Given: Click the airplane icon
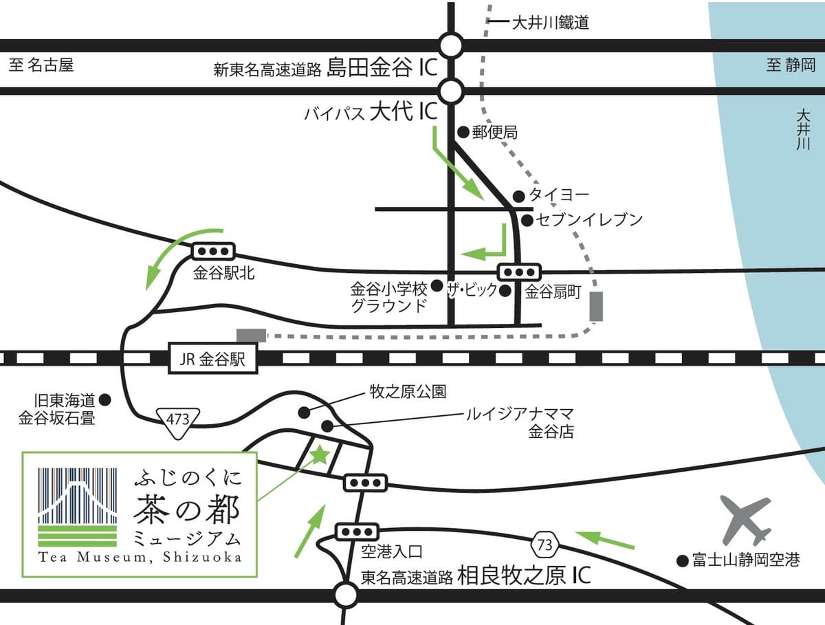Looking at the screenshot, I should (x=745, y=520).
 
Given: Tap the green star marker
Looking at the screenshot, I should (x=320, y=454).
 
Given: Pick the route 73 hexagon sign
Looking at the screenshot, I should (x=544, y=545).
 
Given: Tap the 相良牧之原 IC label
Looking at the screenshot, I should (x=524, y=575).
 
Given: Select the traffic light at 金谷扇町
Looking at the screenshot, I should (x=519, y=271).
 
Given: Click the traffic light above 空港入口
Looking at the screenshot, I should (x=357, y=531).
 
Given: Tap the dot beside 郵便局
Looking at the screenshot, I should (x=463, y=131).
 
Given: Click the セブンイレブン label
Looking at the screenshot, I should (x=590, y=220).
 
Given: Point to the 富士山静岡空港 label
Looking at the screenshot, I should (x=746, y=560).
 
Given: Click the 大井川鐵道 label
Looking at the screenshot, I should (x=550, y=23).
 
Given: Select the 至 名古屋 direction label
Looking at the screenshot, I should (x=42, y=65).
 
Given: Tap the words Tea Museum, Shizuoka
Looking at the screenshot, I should (x=140, y=557).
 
